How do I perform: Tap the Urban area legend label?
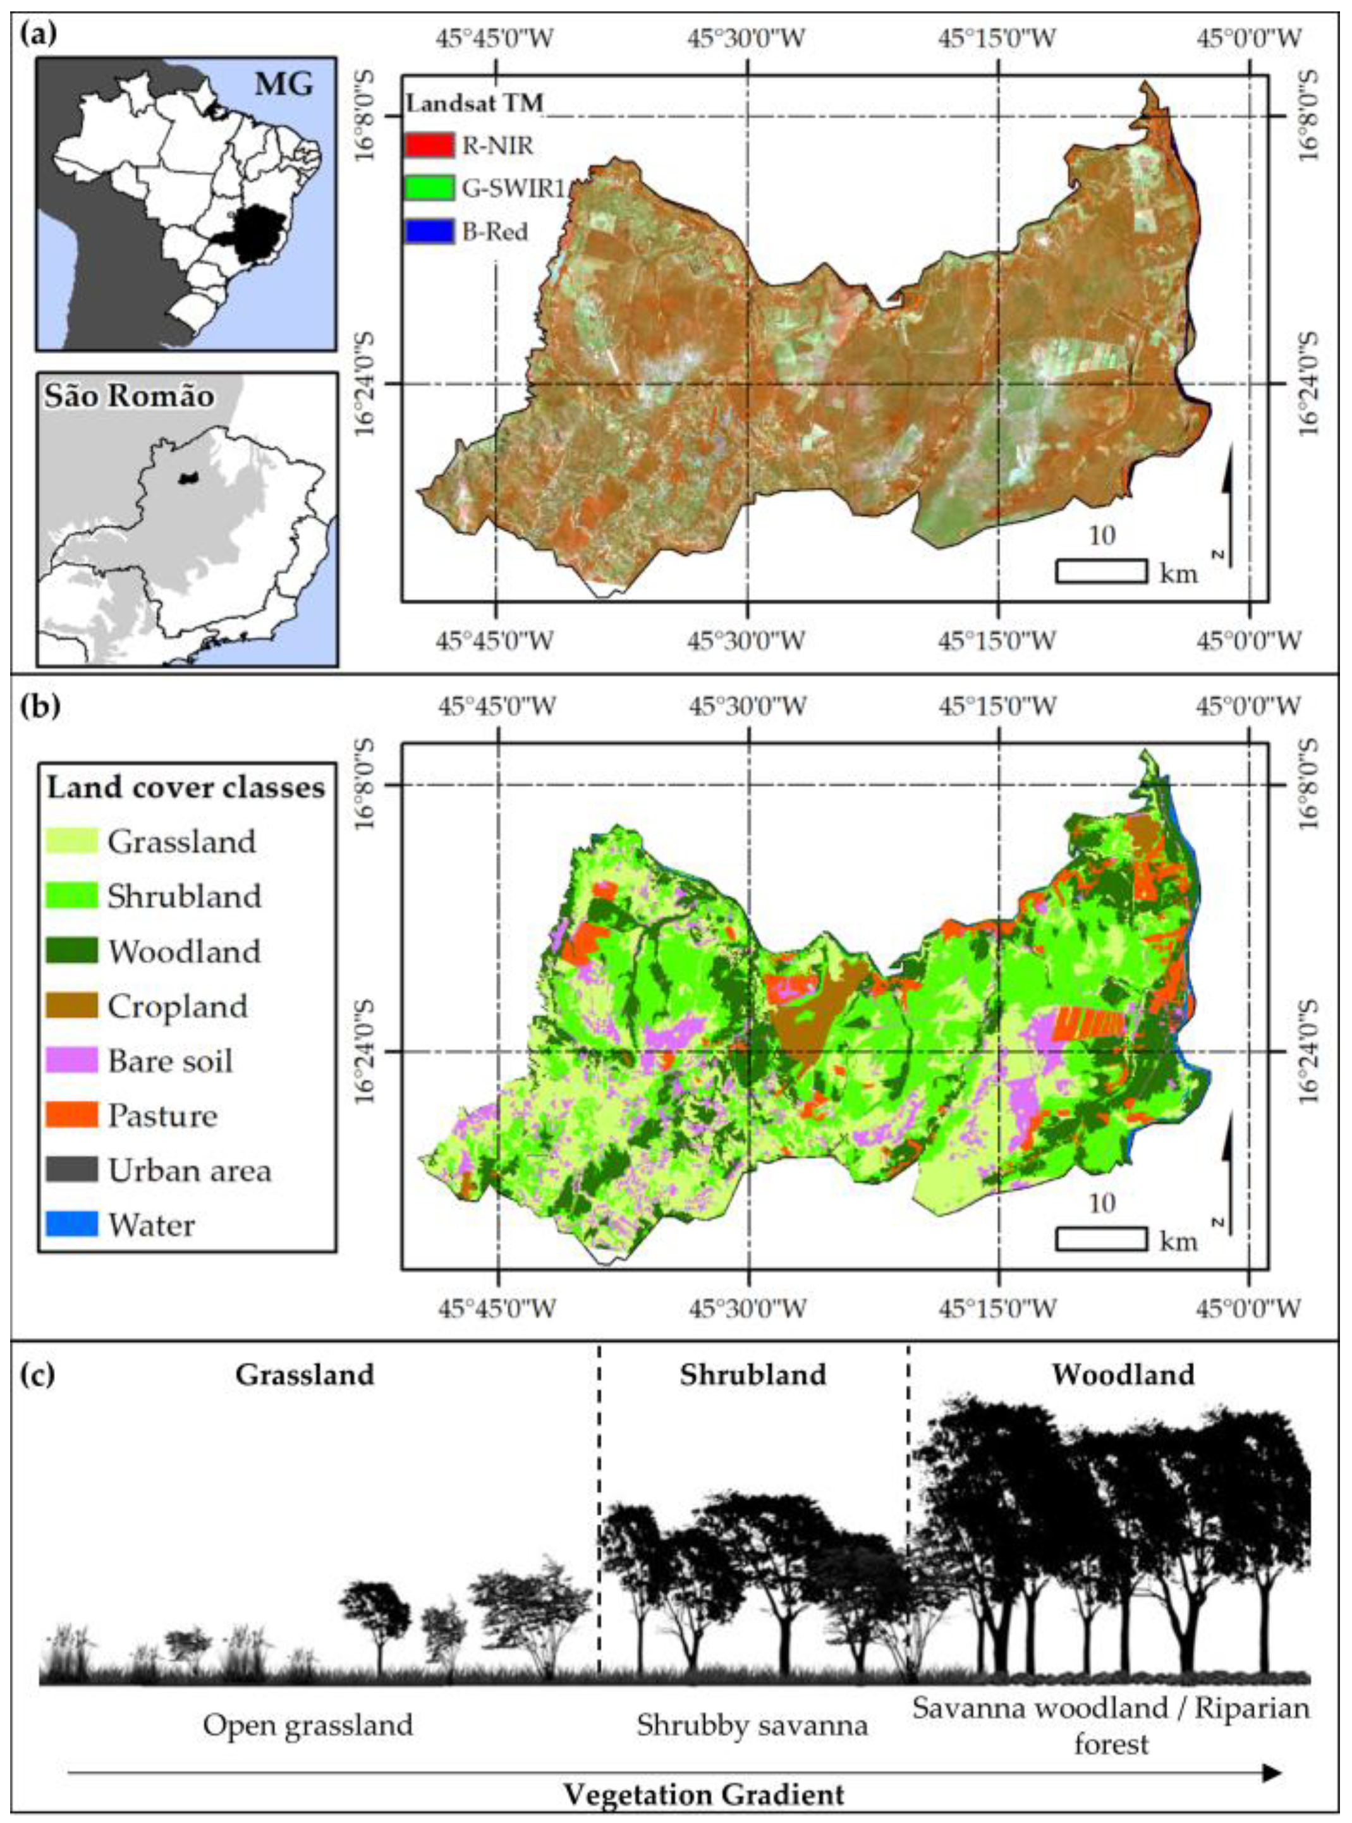click(x=189, y=1170)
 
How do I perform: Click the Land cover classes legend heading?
click(x=186, y=787)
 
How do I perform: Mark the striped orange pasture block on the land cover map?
click(x=1088, y=1023)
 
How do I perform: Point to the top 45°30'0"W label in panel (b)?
click(x=748, y=705)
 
